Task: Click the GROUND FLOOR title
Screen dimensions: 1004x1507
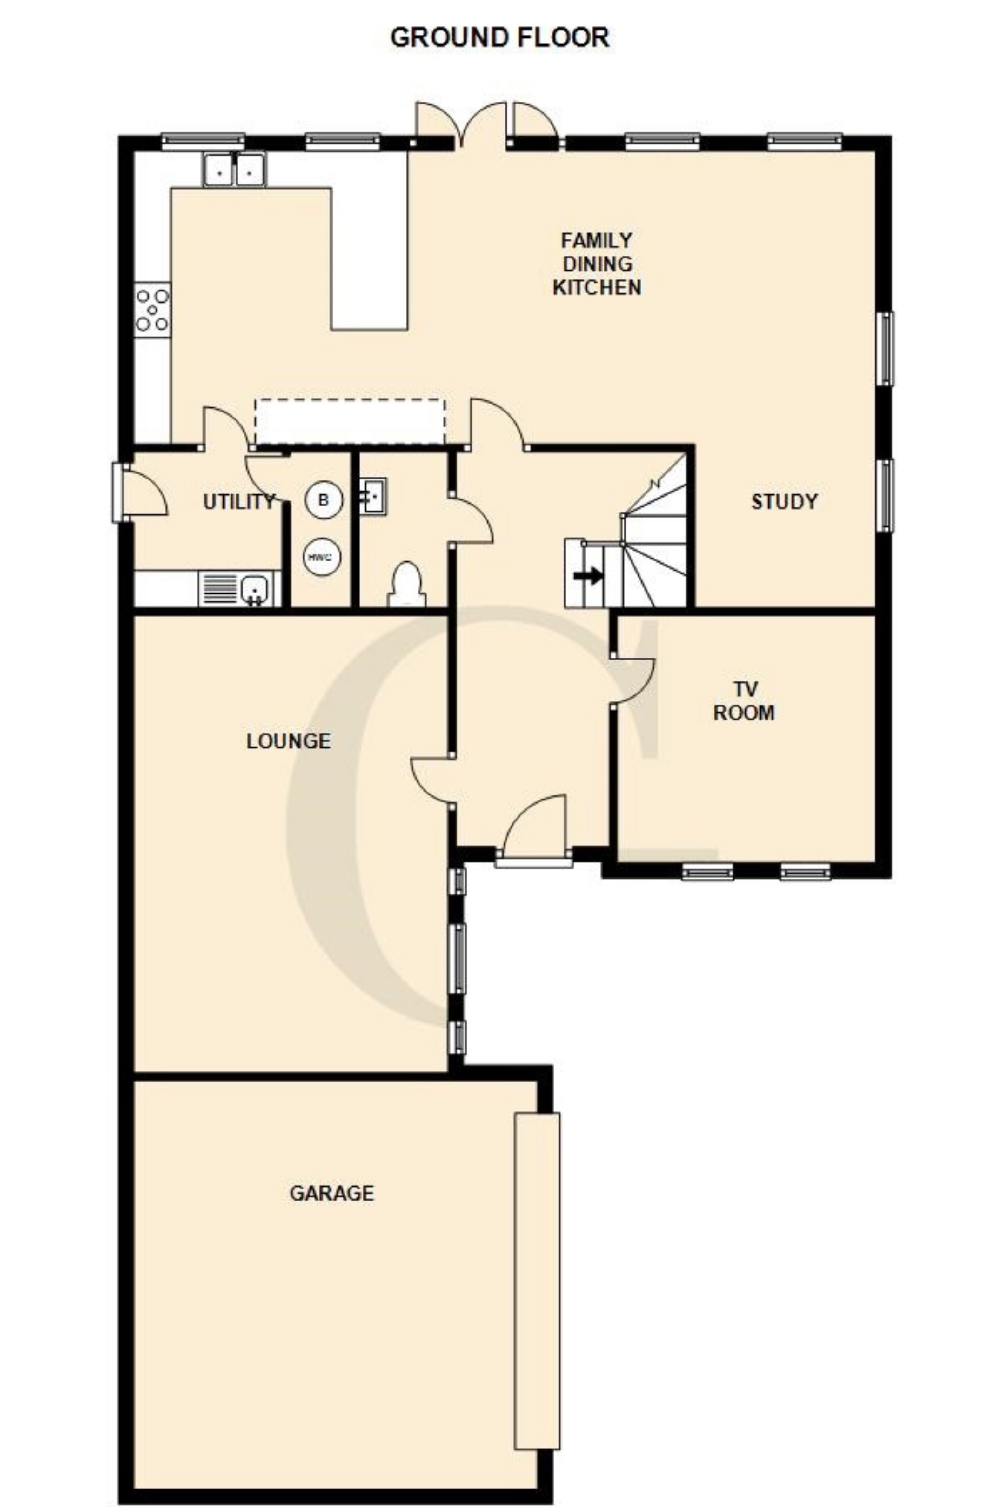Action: point(500,37)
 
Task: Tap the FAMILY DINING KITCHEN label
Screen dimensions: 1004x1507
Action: point(596,263)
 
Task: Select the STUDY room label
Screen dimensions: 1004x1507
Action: point(784,502)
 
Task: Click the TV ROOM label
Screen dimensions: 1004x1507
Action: point(744,701)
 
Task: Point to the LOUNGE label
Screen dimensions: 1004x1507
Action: point(289,740)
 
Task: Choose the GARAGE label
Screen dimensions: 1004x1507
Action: point(332,1193)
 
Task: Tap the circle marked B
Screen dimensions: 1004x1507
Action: point(323,500)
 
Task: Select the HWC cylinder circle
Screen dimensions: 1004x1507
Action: point(322,557)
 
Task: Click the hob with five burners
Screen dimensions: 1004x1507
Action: point(152,310)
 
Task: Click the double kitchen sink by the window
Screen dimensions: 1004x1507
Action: point(234,170)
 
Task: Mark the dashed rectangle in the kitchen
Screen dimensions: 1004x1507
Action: point(350,422)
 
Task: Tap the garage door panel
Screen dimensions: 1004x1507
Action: point(537,1281)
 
